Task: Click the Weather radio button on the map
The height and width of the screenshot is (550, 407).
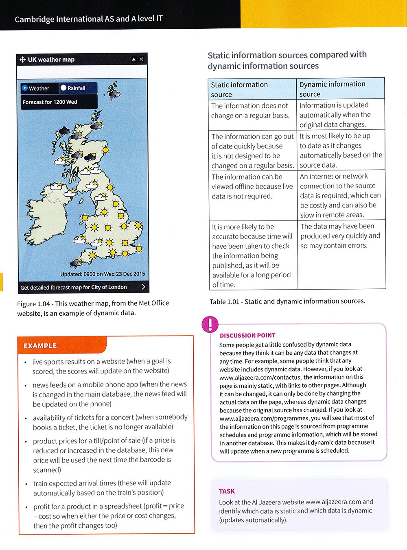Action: coord(25,88)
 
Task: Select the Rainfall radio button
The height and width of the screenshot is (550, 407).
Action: coord(63,88)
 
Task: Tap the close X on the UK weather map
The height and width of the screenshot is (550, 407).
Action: coord(141,59)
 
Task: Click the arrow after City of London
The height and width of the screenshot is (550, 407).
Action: coord(143,287)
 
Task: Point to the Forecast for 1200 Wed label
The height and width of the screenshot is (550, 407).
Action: coord(50,102)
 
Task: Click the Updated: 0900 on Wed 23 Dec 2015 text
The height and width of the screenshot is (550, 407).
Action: coord(103,274)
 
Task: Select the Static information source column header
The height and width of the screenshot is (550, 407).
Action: coord(239,89)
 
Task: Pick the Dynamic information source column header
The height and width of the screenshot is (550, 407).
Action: coord(332,89)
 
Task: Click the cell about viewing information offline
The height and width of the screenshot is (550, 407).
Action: coord(252,186)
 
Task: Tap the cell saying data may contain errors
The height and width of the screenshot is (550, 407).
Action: coord(340,236)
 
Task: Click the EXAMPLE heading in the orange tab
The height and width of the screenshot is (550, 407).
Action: coord(40,346)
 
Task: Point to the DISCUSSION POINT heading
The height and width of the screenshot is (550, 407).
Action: coord(247,336)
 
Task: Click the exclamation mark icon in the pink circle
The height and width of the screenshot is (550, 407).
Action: coord(210,324)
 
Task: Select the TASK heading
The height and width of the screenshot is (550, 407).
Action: coord(227,491)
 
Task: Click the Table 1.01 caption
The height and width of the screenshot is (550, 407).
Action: coord(287,301)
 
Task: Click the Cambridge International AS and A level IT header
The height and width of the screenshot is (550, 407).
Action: coord(89,19)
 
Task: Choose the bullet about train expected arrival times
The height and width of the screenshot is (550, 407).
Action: coord(102,488)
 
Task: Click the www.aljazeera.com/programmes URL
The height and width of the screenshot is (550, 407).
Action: coord(264,418)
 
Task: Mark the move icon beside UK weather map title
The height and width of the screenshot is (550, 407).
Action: coord(22,60)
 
